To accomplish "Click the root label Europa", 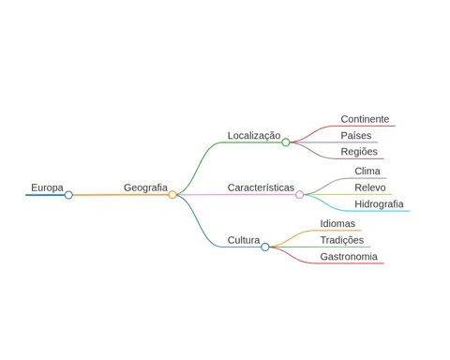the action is [47, 188].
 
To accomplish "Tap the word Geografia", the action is [145, 188].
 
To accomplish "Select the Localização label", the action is [254, 136].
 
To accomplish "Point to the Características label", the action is [261, 187].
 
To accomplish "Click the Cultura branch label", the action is [244, 240].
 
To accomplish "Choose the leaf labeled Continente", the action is [365, 119].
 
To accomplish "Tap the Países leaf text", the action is [356, 135].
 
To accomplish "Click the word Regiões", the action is [359, 152].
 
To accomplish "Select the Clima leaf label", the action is [367, 171].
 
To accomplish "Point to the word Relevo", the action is [370, 187].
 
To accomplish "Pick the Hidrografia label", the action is [379, 204].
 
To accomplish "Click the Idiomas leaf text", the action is [337, 223].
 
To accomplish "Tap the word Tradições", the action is [342, 240].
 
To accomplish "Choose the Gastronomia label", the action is [349, 257].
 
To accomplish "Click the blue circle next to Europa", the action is [68, 195].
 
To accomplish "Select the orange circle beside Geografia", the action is [172, 195].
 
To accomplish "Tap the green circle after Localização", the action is [286, 142].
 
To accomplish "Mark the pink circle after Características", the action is [299, 195].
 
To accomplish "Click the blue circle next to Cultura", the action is [265, 247].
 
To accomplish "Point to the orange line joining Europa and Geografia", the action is [121, 195].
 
